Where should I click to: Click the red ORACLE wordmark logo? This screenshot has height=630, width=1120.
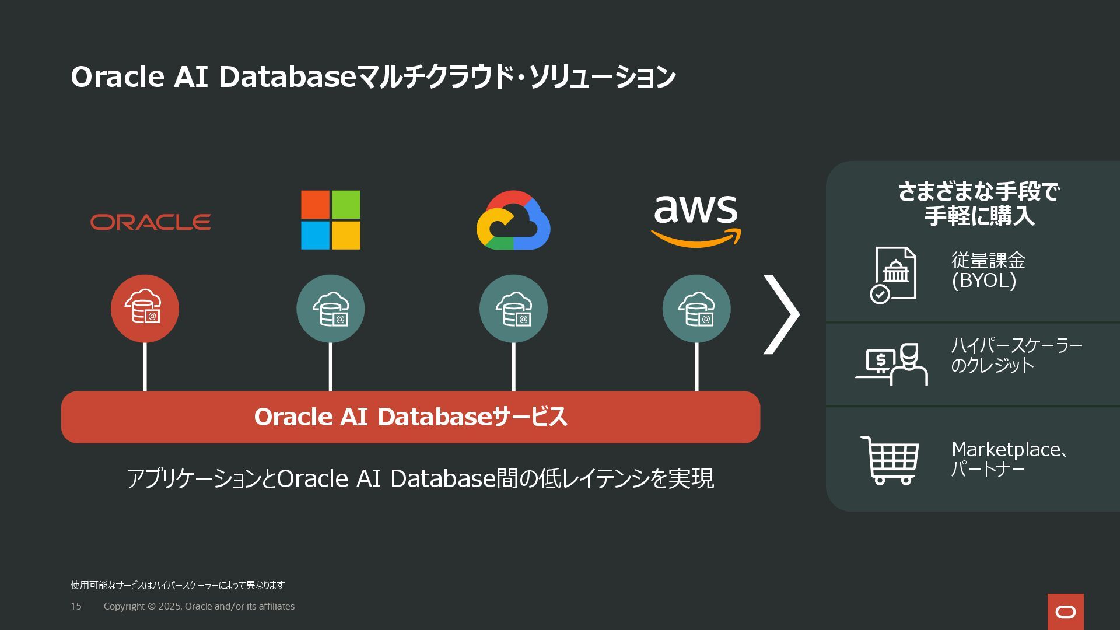pyautogui.click(x=150, y=222)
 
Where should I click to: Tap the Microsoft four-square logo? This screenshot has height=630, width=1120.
pyautogui.click(x=330, y=220)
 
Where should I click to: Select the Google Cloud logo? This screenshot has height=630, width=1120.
pyautogui.click(x=513, y=220)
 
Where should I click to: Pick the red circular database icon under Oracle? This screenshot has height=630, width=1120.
pyautogui.click(x=145, y=309)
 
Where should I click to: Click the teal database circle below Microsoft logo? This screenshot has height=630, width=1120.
pyautogui.click(x=330, y=309)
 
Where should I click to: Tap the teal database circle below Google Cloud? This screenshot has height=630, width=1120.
pyautogui.click(x=513, y=309)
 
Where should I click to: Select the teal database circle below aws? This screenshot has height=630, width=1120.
pyautogui.click(x=696, y=309)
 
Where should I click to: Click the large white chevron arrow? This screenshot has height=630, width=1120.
pyautogui.click(x=782, y=314)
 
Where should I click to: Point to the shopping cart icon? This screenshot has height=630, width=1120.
pyautogui.click(x=890, y=460)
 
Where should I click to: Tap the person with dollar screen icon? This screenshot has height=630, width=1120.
pyautogui.click(x=892, y=363)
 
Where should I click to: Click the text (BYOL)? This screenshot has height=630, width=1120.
pyautogui.click(x=984, y=281)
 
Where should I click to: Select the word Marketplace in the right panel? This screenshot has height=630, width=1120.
pyautogui.click(x=1006, y=449)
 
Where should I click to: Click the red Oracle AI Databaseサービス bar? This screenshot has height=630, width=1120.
pyautogui.click(x=410, y=417)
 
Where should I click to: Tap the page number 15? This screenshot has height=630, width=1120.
pyautogui.click(x=76, y=606)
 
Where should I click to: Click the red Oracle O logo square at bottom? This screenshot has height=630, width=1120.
pyautogui.click(x=1065, y=612)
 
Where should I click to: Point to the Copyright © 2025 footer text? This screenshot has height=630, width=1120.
pyautogui.click(x=199, y=606)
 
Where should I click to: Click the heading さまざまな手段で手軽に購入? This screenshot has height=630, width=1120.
pyautogui.click(x=979, y=204)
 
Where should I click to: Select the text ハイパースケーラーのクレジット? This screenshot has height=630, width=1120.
pyautogui.click(x=1016, y=355)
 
